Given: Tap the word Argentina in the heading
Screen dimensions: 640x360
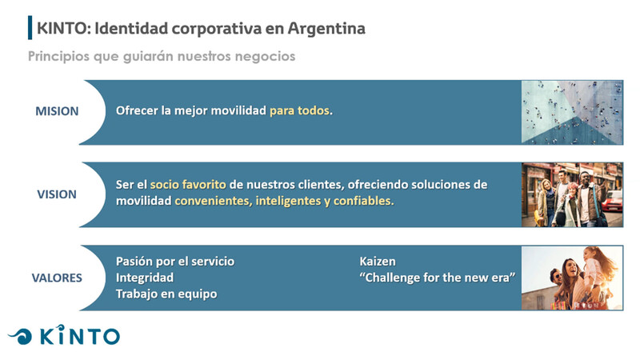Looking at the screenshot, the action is [x=326, y=28].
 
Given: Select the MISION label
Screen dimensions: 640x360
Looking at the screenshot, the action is [x=57, y=111].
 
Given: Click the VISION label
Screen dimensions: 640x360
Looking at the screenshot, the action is [x=57, y=194].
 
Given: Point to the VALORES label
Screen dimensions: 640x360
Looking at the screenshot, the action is [x=57, y=278].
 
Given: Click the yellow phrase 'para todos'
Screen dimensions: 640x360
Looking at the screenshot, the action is [x=299, y=110].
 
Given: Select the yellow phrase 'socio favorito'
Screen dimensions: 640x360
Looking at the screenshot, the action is [x=188, y=185].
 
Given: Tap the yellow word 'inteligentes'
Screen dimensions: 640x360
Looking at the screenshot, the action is [x=288, y=201].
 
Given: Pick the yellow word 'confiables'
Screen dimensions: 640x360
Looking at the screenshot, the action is [x=362, y=201].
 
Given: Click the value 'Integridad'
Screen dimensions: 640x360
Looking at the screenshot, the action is [x=145, y=278].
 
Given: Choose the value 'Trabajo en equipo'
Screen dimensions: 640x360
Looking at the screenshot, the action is [x=166, y=294].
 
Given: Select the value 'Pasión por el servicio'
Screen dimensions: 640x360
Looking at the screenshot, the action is [x=175, y=262].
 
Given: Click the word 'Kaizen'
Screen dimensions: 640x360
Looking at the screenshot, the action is [x=378, y=262].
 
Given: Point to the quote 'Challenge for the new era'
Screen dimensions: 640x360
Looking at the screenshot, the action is [x=438, y=278].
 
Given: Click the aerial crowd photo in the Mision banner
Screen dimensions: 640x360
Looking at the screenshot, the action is [x=572, y=112].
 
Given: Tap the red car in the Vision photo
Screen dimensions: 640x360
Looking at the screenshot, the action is [x=612, y=202].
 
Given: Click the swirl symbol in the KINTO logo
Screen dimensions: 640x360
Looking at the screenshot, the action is [x=21, y=337].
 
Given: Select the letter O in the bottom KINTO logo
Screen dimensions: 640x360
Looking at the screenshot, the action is [x=110, y=337].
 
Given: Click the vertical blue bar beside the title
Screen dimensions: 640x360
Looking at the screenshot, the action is [x=30, y=28].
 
